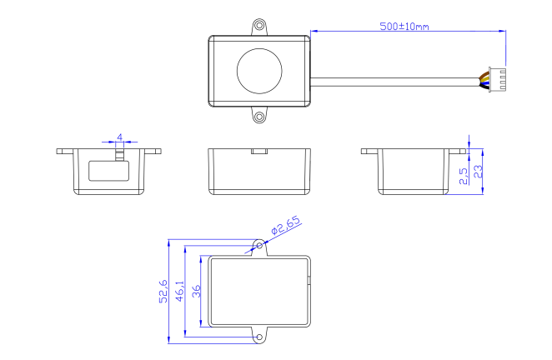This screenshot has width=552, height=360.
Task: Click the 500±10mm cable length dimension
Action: tap(404, 27)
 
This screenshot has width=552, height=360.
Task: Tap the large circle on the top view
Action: tap(259, 70)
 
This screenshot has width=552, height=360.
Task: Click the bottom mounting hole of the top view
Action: tap(259, 116)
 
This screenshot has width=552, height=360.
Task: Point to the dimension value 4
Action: tap(120, 136)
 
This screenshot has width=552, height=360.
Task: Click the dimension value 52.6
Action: tap(163, 292)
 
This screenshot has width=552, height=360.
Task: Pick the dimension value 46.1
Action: tap(178, 292)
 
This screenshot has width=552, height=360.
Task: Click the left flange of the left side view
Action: tap(65, 152)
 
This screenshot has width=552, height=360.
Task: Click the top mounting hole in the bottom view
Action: tap(259, 246)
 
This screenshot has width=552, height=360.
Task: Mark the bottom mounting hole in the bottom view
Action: tap(259, 337)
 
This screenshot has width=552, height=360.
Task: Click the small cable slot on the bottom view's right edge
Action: tap(310, 282)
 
